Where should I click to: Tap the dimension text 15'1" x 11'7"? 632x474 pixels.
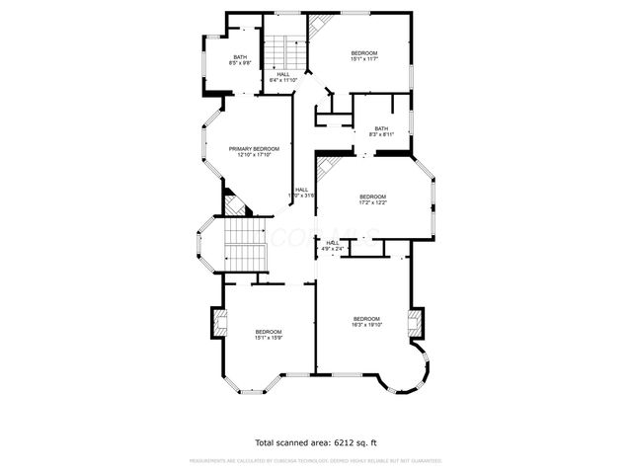[364, 59]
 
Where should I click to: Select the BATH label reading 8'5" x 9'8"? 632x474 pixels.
[240, 57]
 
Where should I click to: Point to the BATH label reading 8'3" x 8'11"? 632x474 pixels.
[381, 128]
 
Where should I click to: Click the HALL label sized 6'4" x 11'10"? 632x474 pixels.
[283, 75]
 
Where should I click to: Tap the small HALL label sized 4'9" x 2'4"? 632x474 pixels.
[333, 243]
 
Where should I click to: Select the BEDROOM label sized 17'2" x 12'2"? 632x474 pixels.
[372, 197]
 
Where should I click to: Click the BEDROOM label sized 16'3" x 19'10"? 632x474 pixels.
[366, 319]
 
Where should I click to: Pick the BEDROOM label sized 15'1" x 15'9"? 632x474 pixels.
[269, 332]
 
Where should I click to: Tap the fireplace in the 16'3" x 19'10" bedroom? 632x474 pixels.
[417, 321]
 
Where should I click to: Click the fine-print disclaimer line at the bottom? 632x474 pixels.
[315, 460]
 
